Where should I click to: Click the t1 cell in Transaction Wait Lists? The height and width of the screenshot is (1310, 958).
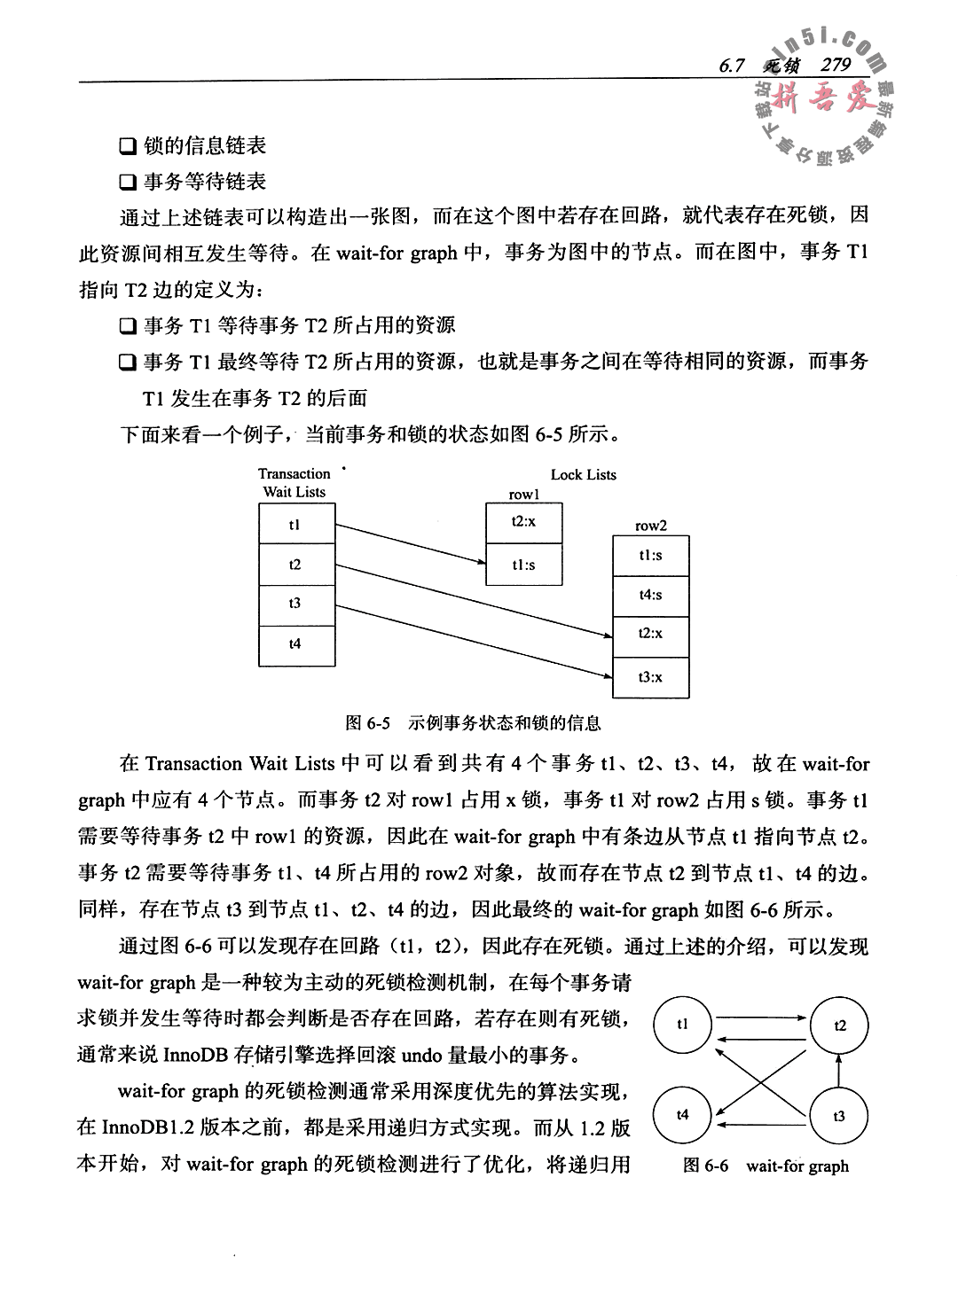pyautogui.click(x=296, y=525)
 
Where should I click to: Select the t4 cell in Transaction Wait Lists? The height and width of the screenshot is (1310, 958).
pyautogui.click(x=296, y=644)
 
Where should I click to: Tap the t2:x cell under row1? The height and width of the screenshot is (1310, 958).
pyautogui.click(x=523, y=522)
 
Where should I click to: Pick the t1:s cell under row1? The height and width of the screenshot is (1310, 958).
pyautogui.click(x=523, y=565)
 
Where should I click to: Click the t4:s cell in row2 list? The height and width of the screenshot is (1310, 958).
pyautogui.click(x=650, y=595)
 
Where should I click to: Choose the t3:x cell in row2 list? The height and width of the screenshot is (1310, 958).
pyautogui.click(x=650, y=677)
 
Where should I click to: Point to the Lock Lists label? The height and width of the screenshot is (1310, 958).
pyautogui.click(x=583, y=474)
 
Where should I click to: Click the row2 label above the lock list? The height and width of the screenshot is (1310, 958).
pyautogui.click(x=650, y=526)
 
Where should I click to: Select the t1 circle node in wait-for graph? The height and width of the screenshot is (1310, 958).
pyautogui.click(x=682, y=1025)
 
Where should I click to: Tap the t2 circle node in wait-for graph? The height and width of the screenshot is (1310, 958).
pyautogui.click(x=840, y=1025)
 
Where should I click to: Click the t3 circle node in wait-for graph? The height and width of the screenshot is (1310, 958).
pyautogui.click(x=839, y=1116)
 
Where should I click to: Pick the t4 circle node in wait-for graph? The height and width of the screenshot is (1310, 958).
pyautogui.click(x=682, y=1115)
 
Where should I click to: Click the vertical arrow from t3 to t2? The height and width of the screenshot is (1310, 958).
pyautogui.click(x=839, y=1070)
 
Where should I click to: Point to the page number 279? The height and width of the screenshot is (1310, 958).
pyautogui.click(x=836, y=65)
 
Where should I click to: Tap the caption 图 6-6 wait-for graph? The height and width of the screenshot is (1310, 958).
pyautogui.click(x=766, y=1166)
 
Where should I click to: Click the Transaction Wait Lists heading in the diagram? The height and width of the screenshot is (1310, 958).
pyautogui.click(x=294, y=483)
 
